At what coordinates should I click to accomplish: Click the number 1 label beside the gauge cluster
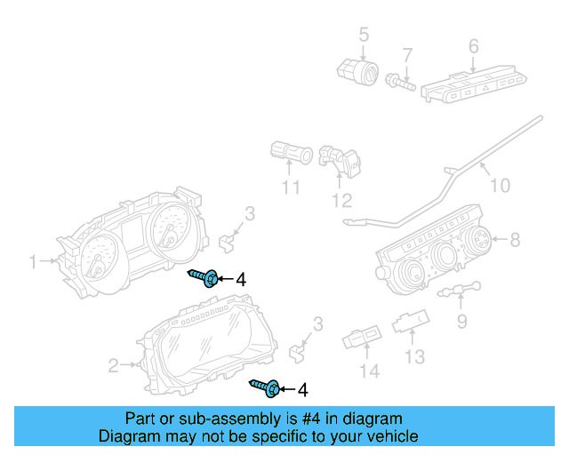[x=33, y=262]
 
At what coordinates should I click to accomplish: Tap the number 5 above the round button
[x=363, y=35]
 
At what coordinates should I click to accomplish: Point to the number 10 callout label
[x=501, y=186]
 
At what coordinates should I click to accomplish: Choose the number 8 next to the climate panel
[x=513, y=239]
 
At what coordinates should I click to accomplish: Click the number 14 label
[x=367, y=371]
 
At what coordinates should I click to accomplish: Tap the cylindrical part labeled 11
[x=290, y=155]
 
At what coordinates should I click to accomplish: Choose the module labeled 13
[x=414, y=322]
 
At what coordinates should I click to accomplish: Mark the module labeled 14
[x=360, y=339]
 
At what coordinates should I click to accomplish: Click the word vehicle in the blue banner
[x=389, y=436]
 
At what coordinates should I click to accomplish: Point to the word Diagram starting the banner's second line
[x=128, y=436]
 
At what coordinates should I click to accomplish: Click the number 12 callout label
[x=342, y=201]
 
